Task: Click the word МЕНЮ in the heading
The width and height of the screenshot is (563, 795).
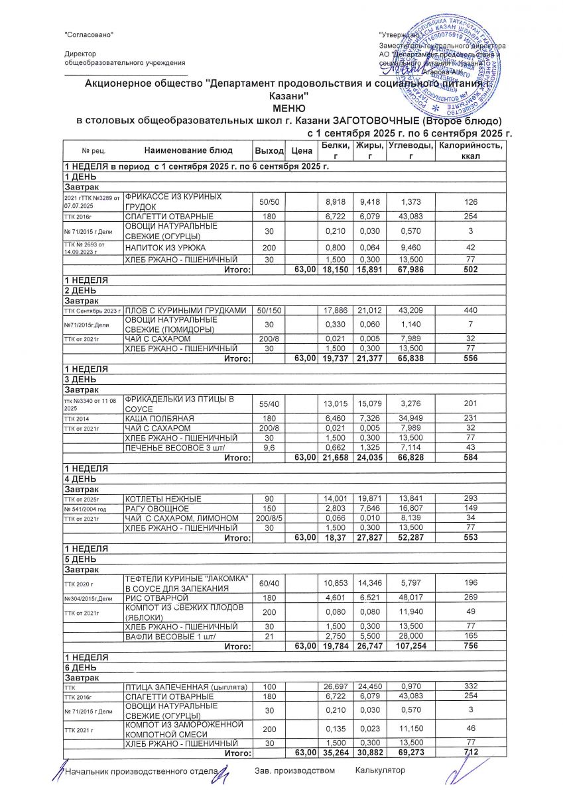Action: click(288, 108)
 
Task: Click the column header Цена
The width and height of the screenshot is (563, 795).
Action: click(302, 151)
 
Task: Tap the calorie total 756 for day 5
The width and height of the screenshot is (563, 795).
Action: click(470, 645)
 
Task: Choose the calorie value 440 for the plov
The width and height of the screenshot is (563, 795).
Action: click(470, 310)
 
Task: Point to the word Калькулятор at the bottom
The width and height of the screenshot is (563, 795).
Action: click(379, 770)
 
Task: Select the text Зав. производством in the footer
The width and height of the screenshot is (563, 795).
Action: click(294, 770)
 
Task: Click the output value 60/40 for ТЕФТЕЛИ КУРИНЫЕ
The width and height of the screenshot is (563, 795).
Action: click(269, 584)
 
